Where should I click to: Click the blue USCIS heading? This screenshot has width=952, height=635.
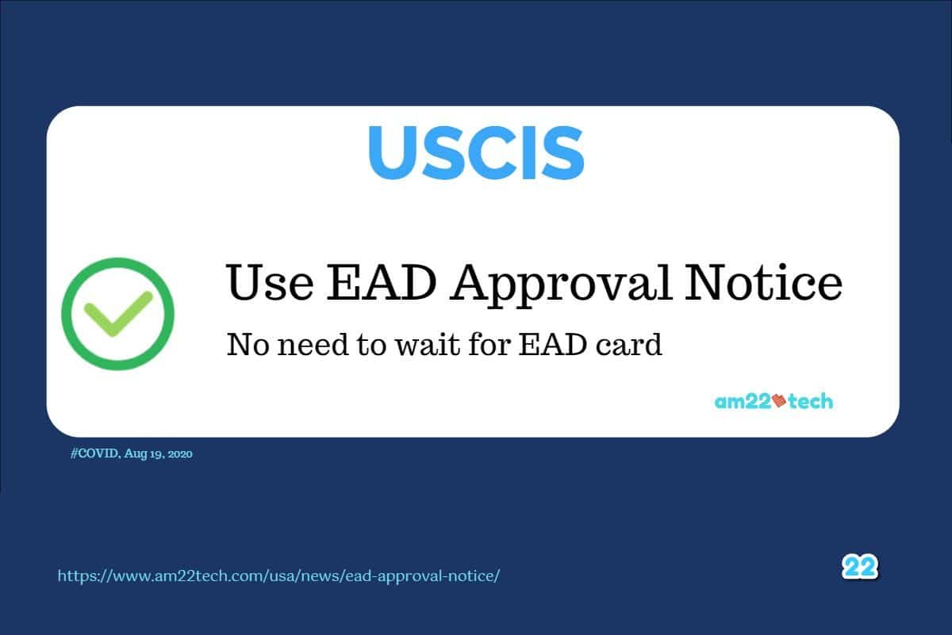(476, 152)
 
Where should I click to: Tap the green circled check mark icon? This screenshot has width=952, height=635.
(117, 312)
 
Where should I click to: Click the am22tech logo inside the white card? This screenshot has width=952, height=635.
(773, 401)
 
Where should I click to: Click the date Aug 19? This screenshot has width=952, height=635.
(145, 454)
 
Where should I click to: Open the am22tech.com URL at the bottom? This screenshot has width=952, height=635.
(278, 576)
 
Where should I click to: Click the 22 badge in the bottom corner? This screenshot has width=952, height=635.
(860, 567)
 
